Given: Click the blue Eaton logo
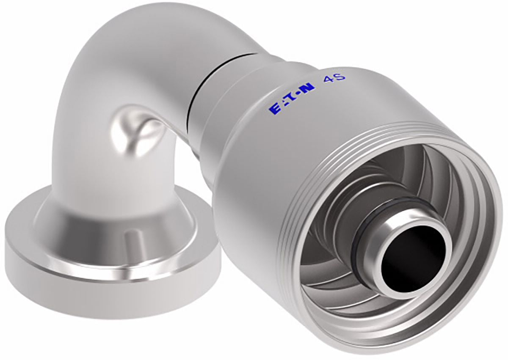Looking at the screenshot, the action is click(292, 98).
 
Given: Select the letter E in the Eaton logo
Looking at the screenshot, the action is click(274, 108).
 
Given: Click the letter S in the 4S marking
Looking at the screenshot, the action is click(340, 77).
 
